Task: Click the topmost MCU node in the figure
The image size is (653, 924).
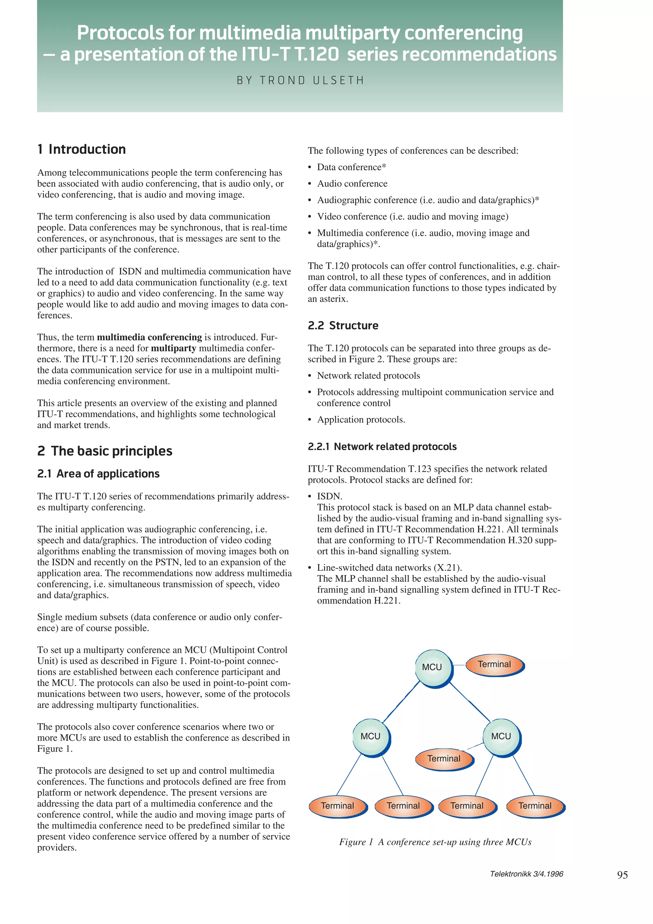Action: [432, 667]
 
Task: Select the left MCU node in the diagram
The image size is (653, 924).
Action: [370, 737]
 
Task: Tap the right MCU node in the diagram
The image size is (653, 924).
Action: [501, 737]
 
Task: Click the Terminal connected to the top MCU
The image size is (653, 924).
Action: [494, 664]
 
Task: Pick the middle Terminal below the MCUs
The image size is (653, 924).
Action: [444, 759]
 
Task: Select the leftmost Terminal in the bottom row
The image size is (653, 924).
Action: [337, 806]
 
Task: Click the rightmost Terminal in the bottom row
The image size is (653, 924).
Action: [535, 806]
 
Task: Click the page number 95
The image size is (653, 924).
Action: [622, 875]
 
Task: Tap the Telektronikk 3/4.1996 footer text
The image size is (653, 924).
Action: [526, 874]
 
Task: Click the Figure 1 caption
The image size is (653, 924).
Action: [435, 842]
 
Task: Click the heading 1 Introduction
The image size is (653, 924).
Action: [82, 149]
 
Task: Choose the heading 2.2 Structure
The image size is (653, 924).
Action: [343, 326]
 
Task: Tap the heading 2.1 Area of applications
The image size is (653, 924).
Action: [98, 474]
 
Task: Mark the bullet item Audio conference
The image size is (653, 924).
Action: [352, 184]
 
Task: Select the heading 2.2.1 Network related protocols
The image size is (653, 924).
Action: [382, 447]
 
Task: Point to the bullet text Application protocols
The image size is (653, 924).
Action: [361, 420]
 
